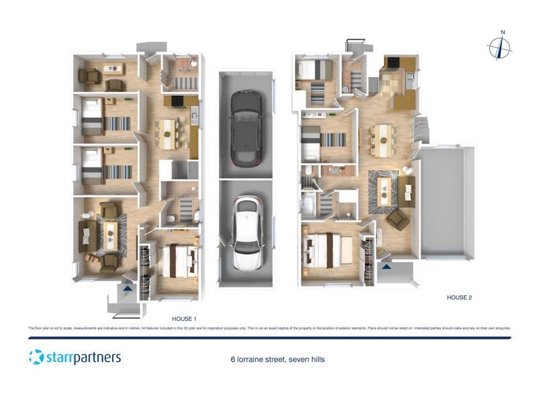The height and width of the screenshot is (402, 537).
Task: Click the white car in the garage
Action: click(x=246, y=232)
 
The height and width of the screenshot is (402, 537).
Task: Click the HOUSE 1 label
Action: click(x=185, y=319)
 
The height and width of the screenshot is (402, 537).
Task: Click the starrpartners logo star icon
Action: click(x=36, y=356)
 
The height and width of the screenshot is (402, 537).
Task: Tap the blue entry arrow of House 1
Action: click(x=127, y=289)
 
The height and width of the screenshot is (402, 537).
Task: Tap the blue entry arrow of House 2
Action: click(x=387, y=267)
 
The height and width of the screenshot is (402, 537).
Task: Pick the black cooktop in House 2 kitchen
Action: click(x=391, y=64)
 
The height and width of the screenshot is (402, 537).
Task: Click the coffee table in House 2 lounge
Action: click(x=385, y=190)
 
